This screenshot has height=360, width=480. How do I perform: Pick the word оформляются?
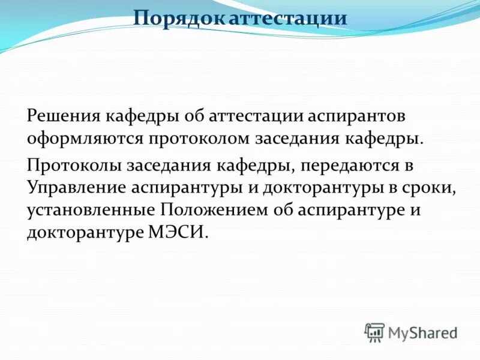tap(83, 139)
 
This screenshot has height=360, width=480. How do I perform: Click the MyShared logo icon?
tap(374, 331)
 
